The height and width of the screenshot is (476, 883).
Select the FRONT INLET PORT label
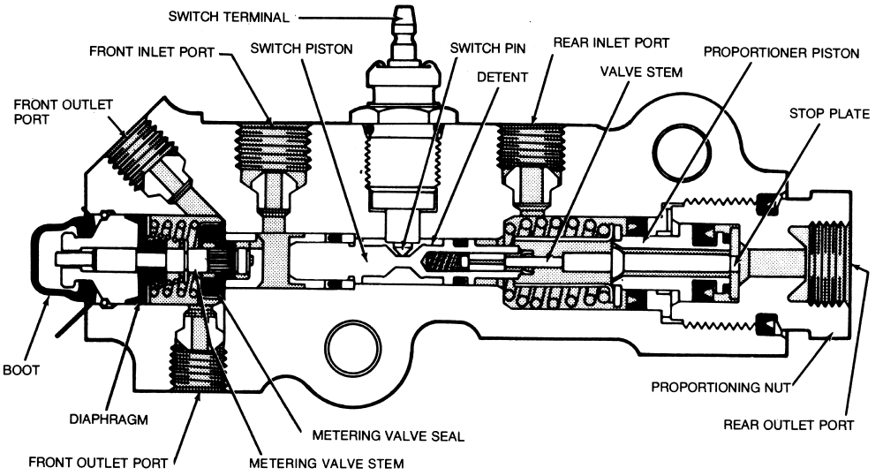152,51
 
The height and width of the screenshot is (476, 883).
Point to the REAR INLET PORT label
611,42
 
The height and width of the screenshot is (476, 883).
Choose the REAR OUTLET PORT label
788,424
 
